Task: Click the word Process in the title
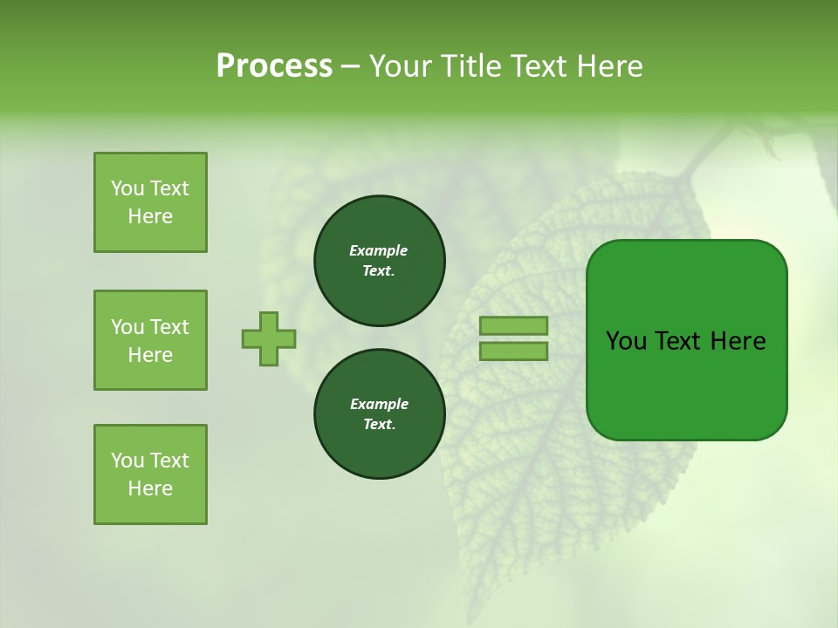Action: click(274, 66)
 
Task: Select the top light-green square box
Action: click(150, 202)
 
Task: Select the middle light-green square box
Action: click(150, 340)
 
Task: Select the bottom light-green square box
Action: click(150, 474)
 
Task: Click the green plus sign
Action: click(269, 338)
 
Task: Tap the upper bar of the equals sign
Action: click(513, 325)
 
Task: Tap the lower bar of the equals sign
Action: click(513, 351)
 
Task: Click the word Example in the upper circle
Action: click(378, 250)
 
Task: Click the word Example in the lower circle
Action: click(379, 404)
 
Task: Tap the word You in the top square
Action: click(127, 188)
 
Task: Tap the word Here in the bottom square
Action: click(150, 488)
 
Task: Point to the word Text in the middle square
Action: click(169, 327)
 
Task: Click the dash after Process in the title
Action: click(350, 66)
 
